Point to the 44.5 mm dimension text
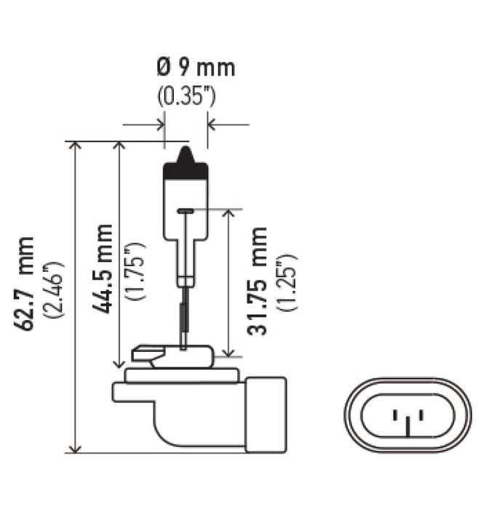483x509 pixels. [103, 268]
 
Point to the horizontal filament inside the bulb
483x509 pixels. [186, 211]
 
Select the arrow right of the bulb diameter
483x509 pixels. [213, 125]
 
